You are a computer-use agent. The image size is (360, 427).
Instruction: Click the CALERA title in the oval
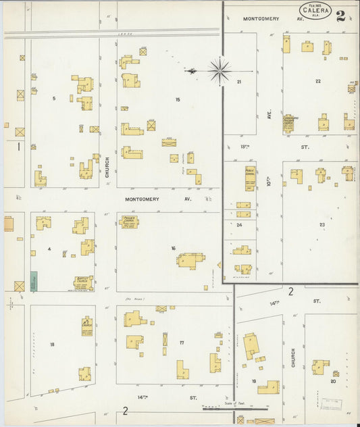tap(315, 11)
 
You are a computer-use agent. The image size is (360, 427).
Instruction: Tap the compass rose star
tap(220, 69)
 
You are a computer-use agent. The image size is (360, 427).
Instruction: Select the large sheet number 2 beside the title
tap(341, 17)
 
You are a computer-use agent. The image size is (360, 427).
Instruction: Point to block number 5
tap(54, 99)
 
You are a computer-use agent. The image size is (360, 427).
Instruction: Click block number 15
tap(178, 100)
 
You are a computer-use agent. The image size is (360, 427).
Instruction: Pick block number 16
tap(173, 248)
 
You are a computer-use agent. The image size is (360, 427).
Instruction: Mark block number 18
tap(52, 344)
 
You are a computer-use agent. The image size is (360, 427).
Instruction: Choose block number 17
tap(182, 343)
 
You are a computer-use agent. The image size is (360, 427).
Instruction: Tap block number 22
tap(317, 81)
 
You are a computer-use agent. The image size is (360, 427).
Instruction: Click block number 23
tap(322, 224)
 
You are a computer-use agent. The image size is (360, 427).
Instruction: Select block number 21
tap(239, 81)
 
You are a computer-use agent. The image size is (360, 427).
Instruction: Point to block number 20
tap(332, 381)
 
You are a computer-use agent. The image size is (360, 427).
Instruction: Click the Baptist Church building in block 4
tap(84, 282)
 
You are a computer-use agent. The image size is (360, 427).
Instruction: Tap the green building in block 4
tap(34, 281)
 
